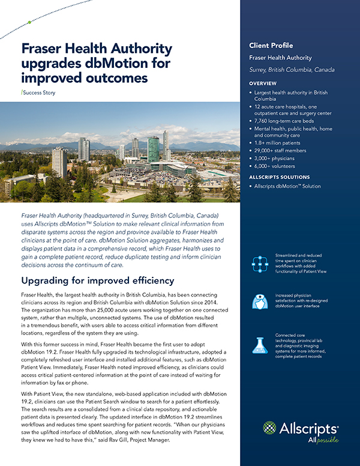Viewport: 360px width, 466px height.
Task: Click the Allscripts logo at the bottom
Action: (301, 431)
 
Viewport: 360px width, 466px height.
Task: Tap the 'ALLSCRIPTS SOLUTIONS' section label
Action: (284, 177)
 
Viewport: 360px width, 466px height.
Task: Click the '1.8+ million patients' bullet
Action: (282, 145)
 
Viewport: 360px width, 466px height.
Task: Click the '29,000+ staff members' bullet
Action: (284, 153)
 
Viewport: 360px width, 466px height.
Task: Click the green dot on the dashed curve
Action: (29, 23)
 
